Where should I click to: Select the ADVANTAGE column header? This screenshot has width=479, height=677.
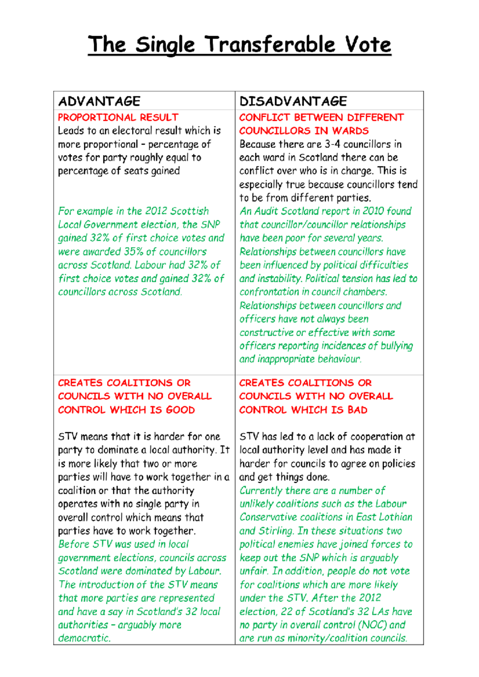(99, 101)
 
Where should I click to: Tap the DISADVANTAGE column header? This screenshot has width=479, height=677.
(293, 101)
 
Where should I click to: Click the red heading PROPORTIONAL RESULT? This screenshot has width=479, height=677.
(118, 118)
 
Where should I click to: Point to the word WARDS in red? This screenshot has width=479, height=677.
(350, 131)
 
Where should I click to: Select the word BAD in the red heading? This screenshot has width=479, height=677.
(357, 410)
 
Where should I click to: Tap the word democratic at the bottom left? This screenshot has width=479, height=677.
(84, 638)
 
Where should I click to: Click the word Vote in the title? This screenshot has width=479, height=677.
(368, 45)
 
